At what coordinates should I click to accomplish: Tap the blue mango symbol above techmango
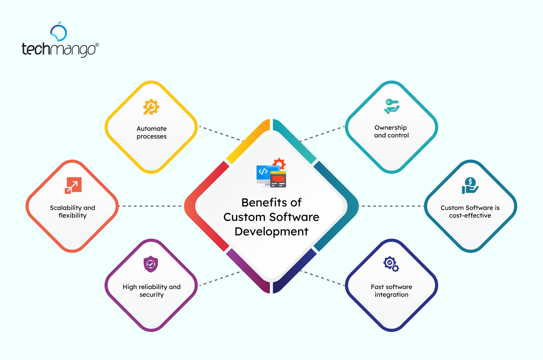pyautogui.click(x=59, y=32)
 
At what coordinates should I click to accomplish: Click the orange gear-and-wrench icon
pyautogui.click(x=151, y=107)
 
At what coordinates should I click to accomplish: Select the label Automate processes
pyautogui.click(x=151, y=133)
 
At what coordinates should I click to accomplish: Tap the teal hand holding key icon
pyautogui.click(x=392, y=106)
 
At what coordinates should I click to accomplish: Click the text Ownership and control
pyautogui.click(x=391, y=132)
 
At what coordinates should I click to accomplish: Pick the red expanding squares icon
pyautogui.click(x=72, y=185)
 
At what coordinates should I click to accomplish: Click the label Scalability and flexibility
pyautogui.click(x=72, y=212)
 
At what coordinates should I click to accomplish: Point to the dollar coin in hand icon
pyautogui.click(x=470, y=185)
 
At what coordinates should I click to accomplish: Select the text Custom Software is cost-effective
pyautogui.click(x=470, y=212)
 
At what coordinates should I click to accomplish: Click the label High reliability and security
pyautogui.click(x=151, y=291)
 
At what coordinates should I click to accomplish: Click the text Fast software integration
pyautogui.click(x=391, y=291)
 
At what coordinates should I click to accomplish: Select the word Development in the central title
pyautogui.click(x=271, y=232)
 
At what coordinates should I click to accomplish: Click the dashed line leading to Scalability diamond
pyautogui.click(x=151, y=206)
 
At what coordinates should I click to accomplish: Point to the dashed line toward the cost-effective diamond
pyautogui.click(x=391, y=206)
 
